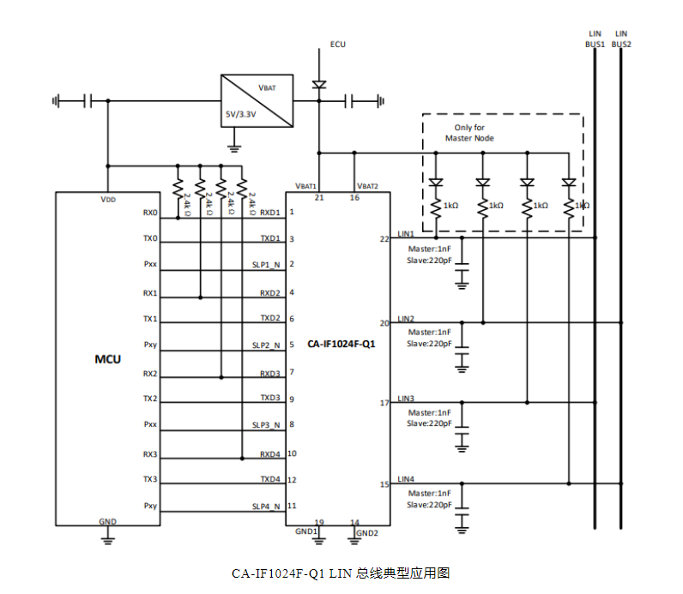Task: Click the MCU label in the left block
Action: tap(107, 358)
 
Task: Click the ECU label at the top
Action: tap(338, 44)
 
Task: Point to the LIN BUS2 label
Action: tap(621, 39)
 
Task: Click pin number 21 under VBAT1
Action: tap(319, 198)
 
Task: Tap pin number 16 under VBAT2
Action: tap(354, 198)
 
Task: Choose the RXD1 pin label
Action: tap(271, 212)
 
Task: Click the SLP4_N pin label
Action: tap(266, 506)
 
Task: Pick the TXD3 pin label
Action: tap(271, 398)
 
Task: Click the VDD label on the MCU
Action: tap(107, 199)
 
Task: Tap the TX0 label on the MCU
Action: tap(150, 239)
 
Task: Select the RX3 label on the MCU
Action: tap(150, 454)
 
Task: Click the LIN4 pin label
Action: tap(406, 478)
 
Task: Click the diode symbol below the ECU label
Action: tap(319, 85)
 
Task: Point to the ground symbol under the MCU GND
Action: tap(107, 538)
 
